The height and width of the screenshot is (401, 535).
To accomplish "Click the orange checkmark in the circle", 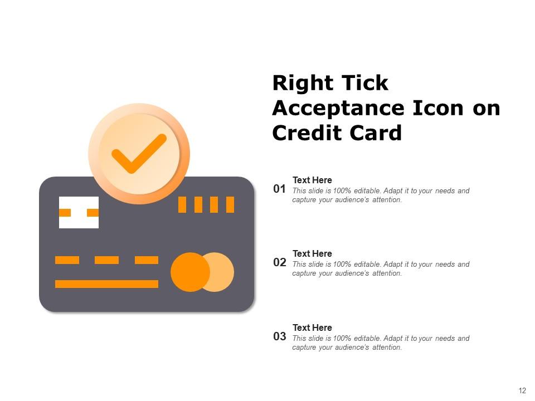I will point(138,153).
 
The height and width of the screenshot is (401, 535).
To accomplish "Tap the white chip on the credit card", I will point(79,212).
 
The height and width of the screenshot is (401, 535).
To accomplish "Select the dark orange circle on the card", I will point(189,272).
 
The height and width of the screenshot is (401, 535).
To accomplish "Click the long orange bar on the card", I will point(106,284).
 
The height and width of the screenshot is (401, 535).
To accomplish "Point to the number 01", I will point(279,189).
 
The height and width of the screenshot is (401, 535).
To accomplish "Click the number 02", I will point(279,263).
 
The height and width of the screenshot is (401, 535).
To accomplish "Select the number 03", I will point(279,337).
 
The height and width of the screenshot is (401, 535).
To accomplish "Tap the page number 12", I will point(522,391).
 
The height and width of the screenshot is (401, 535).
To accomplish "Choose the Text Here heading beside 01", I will point(312,180).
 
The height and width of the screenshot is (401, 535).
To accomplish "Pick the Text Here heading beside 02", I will point(312,253).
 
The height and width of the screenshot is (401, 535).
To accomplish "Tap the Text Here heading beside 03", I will point(312,327).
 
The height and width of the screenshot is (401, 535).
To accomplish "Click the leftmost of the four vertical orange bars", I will point(182,204).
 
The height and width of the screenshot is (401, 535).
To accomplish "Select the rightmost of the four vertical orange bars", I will point(230,204).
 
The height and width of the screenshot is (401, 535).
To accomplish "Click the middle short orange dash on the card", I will point(106,260).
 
